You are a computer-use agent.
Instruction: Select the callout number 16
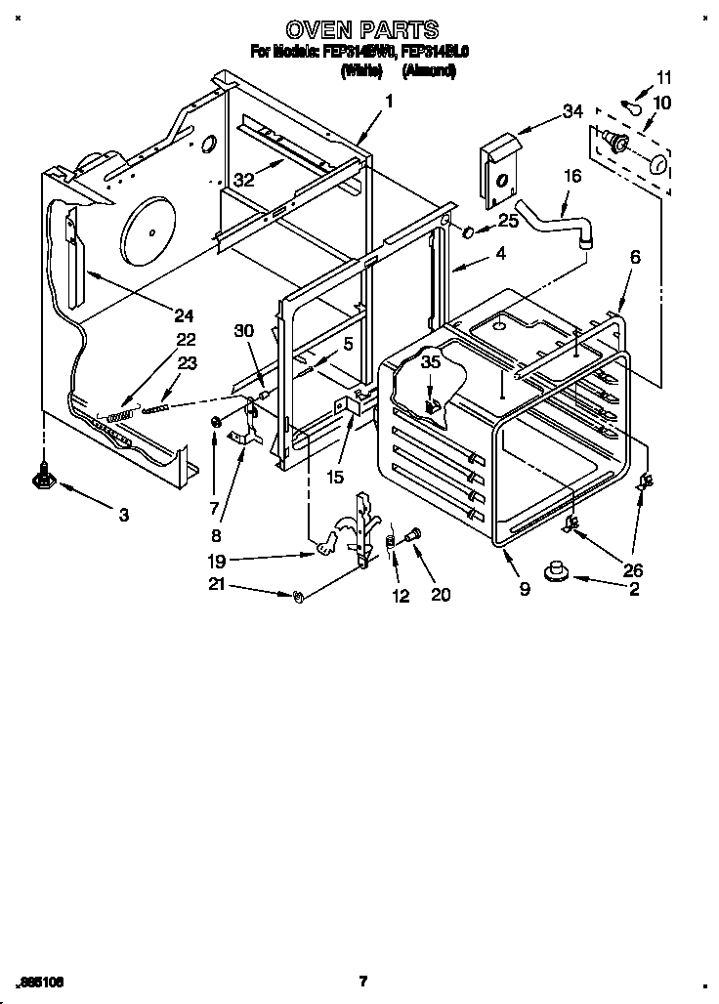(572, 176)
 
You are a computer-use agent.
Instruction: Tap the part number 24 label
(184, 314)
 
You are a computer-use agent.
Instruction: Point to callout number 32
(244, 179)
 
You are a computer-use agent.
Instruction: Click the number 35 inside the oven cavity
(430, 363)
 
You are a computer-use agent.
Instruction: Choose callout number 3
(123, 515)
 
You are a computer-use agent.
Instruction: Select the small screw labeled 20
(411, 535)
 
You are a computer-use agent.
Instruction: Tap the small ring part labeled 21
(299, 596)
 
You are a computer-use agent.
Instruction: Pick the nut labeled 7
(214, 422)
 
